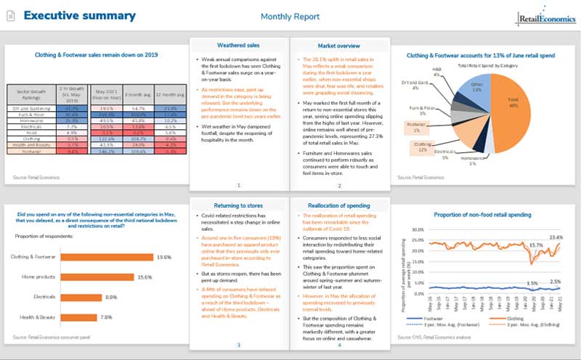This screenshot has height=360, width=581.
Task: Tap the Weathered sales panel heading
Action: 238,46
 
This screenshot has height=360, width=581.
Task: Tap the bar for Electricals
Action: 82,296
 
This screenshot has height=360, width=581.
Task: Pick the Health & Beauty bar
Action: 79,316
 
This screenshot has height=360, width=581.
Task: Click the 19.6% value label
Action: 163,256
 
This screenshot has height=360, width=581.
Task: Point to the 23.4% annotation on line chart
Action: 556,237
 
